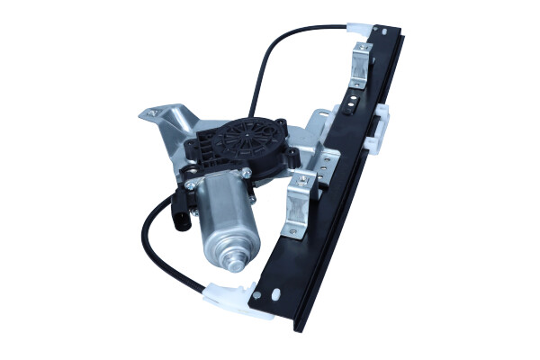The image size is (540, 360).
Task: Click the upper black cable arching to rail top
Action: [x=270, y=54]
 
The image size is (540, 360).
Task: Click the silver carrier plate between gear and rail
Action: [x=315, y=144]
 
